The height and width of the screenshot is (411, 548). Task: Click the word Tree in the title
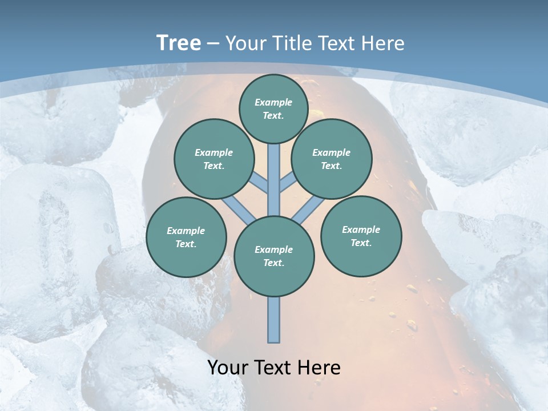[x=179, y=43]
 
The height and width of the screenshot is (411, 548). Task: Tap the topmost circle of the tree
[x=273, y=108]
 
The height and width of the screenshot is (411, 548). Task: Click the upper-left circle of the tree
[x=214, y=159]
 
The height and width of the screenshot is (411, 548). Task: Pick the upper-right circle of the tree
[x=332, y=159]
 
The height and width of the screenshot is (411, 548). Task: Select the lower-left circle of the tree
[x=186, y=237]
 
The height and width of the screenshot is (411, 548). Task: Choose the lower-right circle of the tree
[x=361, y=236]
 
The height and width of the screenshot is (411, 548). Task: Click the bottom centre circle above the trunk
[x=274, y=256]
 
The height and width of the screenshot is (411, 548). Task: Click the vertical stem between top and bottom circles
[x=274, y=180]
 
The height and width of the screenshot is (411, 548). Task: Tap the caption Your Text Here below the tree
[x=274, y=368]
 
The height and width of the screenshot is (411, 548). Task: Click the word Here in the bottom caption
[x=317, y=368]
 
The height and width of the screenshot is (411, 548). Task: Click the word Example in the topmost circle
[x=273, y=102]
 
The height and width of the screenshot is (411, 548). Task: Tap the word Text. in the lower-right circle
[x=361, y=243]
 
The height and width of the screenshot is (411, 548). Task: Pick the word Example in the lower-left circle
[x=186, y=231]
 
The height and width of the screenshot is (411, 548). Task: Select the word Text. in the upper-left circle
[x=214, y=166]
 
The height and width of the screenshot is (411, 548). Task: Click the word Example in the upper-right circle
[x=331, y=152]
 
